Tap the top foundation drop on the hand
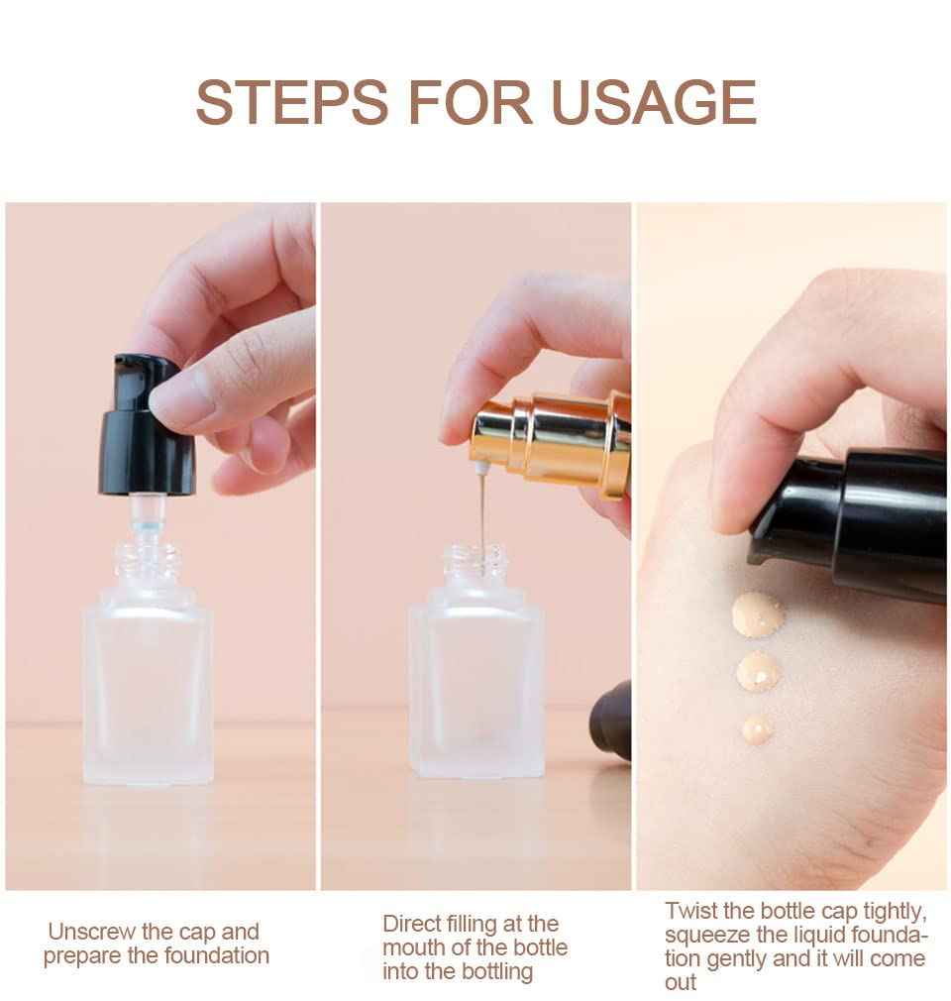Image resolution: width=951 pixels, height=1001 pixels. point(757,614)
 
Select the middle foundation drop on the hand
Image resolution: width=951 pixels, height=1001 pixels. point(759,672)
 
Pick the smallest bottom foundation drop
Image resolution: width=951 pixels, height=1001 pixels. point(758,729)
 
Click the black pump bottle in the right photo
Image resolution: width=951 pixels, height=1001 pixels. point(862,525)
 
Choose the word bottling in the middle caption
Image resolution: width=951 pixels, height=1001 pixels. point(489,971)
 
